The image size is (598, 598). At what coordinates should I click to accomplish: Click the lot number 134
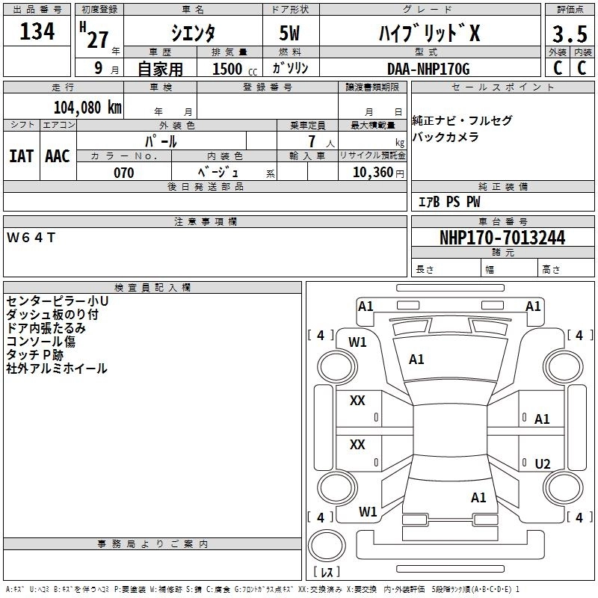(37, 32)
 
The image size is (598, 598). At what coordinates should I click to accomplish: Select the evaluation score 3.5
(569, 34)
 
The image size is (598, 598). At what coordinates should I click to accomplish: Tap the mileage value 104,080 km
(87, 107)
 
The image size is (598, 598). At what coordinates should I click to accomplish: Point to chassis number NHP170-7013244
(502, 238)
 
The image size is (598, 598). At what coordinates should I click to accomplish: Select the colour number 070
(123, 173)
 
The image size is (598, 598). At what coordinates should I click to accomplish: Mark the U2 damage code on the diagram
(543, 464)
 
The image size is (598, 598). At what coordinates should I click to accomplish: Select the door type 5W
(291, 34)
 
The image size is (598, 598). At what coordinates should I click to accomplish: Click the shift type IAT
(21, 156)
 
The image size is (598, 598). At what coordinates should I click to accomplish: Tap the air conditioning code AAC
(57, 156)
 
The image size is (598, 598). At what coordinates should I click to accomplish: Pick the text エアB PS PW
(449, 202)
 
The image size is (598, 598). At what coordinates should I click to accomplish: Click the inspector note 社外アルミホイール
(57, 369)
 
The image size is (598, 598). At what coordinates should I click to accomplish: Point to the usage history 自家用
(160, 69)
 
